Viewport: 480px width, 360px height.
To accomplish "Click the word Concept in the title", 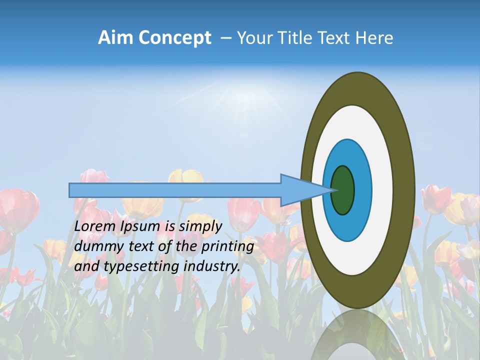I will click(x=174, y=38).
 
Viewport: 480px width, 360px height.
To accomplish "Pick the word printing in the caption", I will click(x=227, y=247).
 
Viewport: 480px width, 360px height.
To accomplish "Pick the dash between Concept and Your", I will click(x=225, y=38).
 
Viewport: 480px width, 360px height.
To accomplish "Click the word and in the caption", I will click(x=86, y=266).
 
